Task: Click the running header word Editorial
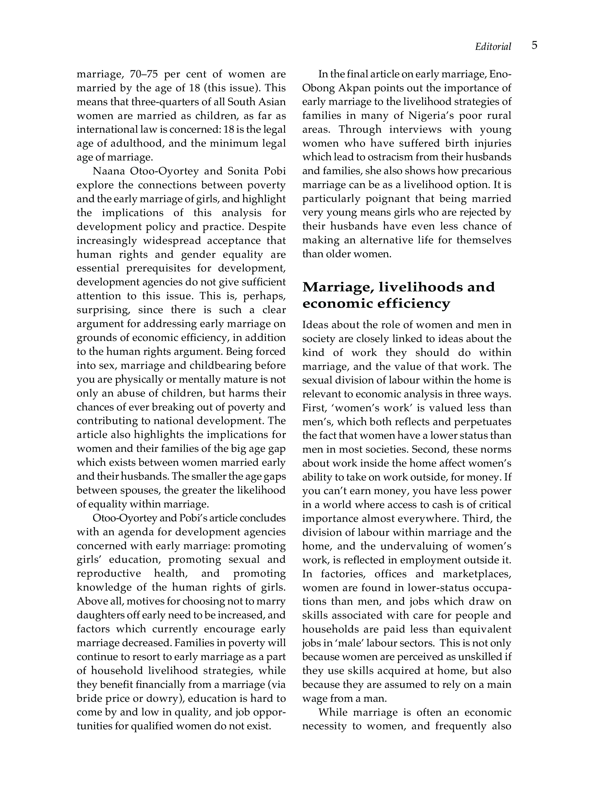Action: click(x=493, y=47)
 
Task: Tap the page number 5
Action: click(x=534, y=46)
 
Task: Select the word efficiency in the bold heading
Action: click(x=414, y=304)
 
